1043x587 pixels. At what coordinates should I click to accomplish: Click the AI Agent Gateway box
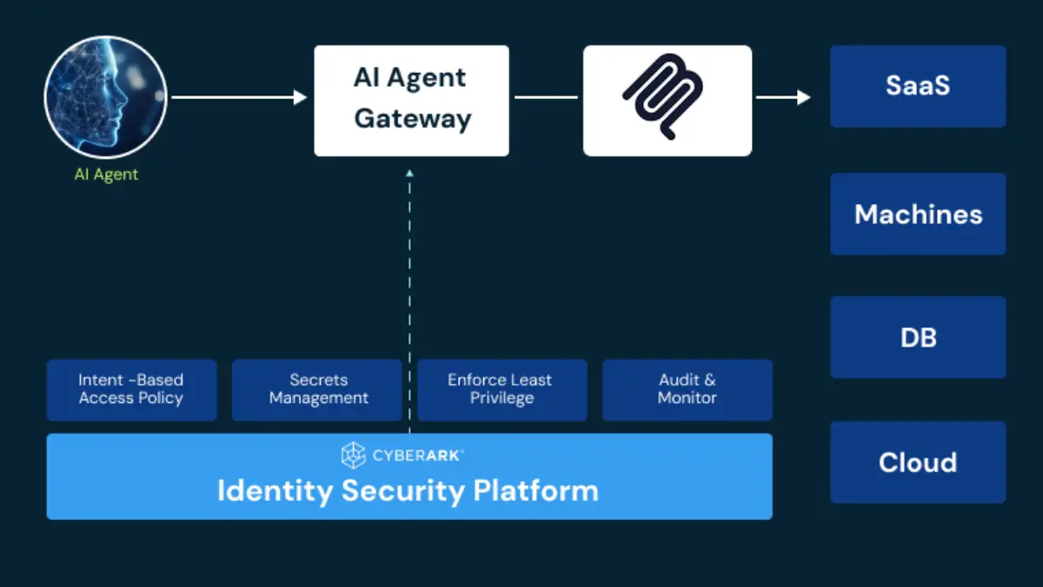tap(411, 100)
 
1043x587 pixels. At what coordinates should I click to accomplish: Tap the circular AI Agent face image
tap(105, 97)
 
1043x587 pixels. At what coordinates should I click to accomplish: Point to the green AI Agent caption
tap(106, 175)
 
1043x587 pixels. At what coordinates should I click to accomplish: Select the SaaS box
tap(918, 86)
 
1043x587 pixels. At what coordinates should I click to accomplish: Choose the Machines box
tap(918, 214)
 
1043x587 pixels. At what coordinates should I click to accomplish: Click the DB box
tap(918, 337)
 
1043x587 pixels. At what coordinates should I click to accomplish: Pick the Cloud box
tap(918, 462)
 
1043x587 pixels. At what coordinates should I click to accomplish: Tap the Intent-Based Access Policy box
tap(131, 390)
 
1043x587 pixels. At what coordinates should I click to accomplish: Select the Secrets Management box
tap(317, 390)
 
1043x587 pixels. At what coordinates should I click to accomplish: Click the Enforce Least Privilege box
tap(502, 390)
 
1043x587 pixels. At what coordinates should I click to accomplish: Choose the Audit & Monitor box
tap(687, 390)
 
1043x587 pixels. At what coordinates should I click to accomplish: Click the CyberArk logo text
tap(418, 455)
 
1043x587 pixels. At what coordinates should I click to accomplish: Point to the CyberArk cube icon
tap(353, 455)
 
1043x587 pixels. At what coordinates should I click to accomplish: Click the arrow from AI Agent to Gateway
tap(239, 97)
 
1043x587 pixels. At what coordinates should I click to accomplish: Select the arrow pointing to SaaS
tap(782, 97)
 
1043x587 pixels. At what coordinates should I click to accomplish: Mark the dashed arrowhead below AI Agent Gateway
tap(409, 174)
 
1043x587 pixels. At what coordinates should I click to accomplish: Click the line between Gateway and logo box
tap(546, 97)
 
